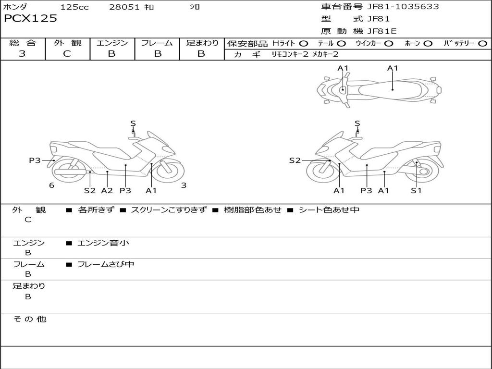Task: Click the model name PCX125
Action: point(30,19)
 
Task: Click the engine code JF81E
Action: point(382,31)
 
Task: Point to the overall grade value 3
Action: point(22,54)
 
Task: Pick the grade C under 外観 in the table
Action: point(67,54)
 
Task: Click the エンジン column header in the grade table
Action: point(112,43)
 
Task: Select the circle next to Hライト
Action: point(303,44)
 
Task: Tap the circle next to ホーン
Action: point(428,44)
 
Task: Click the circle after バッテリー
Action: point(482,44)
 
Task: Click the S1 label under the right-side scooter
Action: point(416,191)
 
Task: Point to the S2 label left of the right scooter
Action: point(295,160)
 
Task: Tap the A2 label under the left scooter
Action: point(107,191)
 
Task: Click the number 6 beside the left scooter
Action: point(51,185)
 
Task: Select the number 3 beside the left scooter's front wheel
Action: point(184,185)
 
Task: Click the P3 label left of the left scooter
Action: point(35,160)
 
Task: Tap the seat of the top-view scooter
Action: point(392,89)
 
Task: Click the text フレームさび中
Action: point(106,264)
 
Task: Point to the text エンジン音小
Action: point(103,243)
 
